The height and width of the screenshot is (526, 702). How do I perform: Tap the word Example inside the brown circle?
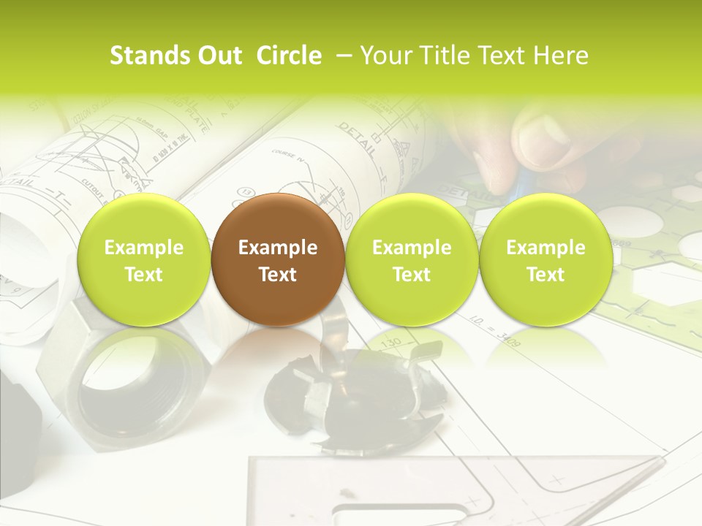(277, 248)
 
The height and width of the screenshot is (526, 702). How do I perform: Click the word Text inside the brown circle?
(277, 275)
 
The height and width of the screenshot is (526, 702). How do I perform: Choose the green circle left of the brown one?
(143, 260)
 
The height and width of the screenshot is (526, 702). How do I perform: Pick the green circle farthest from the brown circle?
(546, 260)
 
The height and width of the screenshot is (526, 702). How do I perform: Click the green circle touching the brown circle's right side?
(411, 260)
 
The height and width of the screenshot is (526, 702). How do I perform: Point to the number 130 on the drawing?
(392, 342)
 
